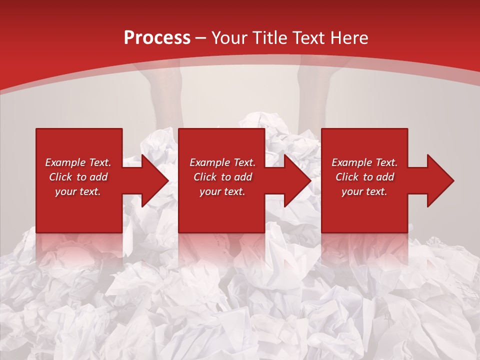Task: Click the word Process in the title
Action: [x=157, y=38]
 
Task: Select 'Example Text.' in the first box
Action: [x=78, y=162]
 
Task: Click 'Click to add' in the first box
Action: [x=78, y=177]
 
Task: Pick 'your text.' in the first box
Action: [x=78, y=191]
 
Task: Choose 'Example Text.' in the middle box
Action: [x=222, y=162]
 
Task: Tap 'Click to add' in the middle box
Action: [x=222, y=177]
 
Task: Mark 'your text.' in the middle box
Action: [x=222, y=191]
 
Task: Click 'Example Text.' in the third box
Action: [x=364, y=162]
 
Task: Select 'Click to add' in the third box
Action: [x=364, y=177]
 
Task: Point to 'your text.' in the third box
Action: [x=364, y=191]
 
